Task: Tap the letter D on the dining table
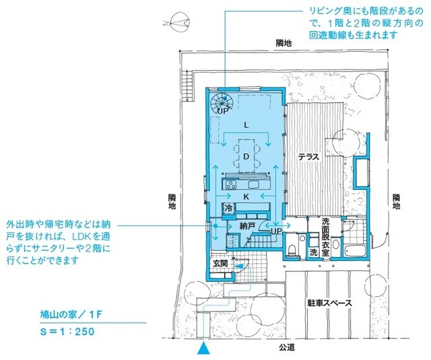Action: point(246,156)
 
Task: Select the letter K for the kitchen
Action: point(246,196)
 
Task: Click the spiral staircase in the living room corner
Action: point(222,104)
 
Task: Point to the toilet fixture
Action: point(292,250)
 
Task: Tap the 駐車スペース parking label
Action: point(327,303)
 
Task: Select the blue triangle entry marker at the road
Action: point(203,349)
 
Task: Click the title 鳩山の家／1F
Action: point(71,314)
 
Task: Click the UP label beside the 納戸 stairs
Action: point(276,231)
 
